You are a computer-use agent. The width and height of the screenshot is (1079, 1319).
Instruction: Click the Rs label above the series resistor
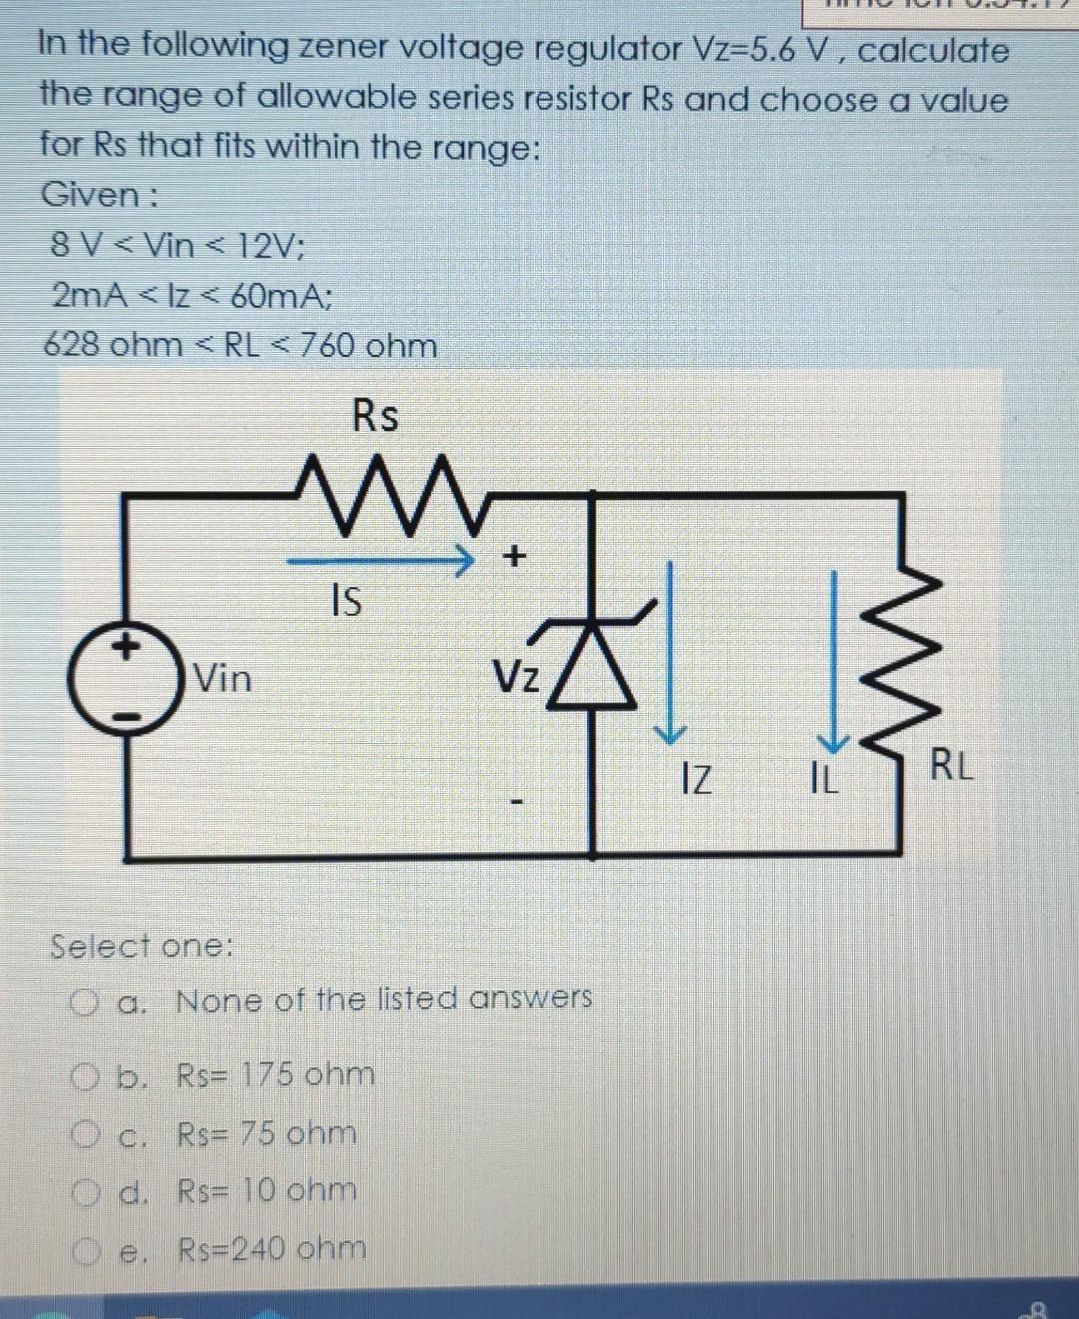coord(375,416)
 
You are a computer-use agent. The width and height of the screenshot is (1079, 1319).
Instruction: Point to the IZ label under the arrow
coord(696,776)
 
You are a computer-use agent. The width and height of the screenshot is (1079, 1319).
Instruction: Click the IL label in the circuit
coord(825,777)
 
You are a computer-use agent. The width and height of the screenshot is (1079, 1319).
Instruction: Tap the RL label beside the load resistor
coord(950,768)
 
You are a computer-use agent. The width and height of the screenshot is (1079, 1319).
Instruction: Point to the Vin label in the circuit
coord(222,679)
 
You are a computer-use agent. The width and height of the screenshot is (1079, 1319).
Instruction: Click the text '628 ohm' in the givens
coord(113,346)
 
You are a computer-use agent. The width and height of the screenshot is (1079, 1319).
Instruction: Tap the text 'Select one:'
coord(141,945)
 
